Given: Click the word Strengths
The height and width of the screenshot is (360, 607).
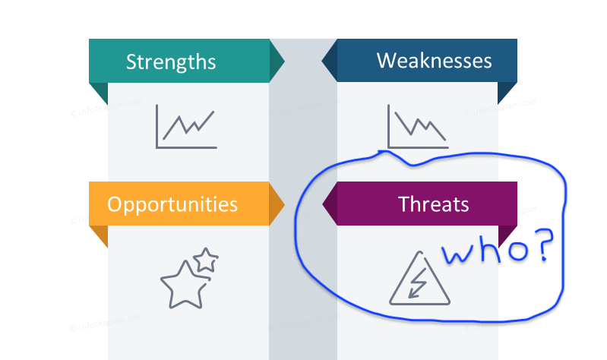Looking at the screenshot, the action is [171, 62].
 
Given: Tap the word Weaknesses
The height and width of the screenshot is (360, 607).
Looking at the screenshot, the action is [434, 61].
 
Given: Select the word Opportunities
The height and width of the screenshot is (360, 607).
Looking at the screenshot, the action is [172, 204].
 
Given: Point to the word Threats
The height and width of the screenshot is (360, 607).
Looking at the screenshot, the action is [433, 204].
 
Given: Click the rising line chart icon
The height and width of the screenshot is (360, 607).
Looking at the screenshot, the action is [186, 127].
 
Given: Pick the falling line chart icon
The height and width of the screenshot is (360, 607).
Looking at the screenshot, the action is [418, 127].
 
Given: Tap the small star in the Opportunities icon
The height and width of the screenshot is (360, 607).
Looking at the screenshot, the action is [206, 260].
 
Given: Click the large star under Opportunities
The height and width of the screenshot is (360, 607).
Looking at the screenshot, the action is [185, 285].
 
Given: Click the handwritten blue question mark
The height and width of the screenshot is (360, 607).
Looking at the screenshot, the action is [543, 244].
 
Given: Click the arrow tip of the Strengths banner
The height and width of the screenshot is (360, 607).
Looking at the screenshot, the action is [285, 62].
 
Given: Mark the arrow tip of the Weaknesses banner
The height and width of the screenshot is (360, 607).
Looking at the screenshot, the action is [322, 61].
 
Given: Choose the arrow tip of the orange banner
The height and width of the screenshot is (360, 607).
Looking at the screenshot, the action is [285, 204].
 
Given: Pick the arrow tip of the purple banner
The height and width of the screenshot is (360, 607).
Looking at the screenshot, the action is [323, 204].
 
